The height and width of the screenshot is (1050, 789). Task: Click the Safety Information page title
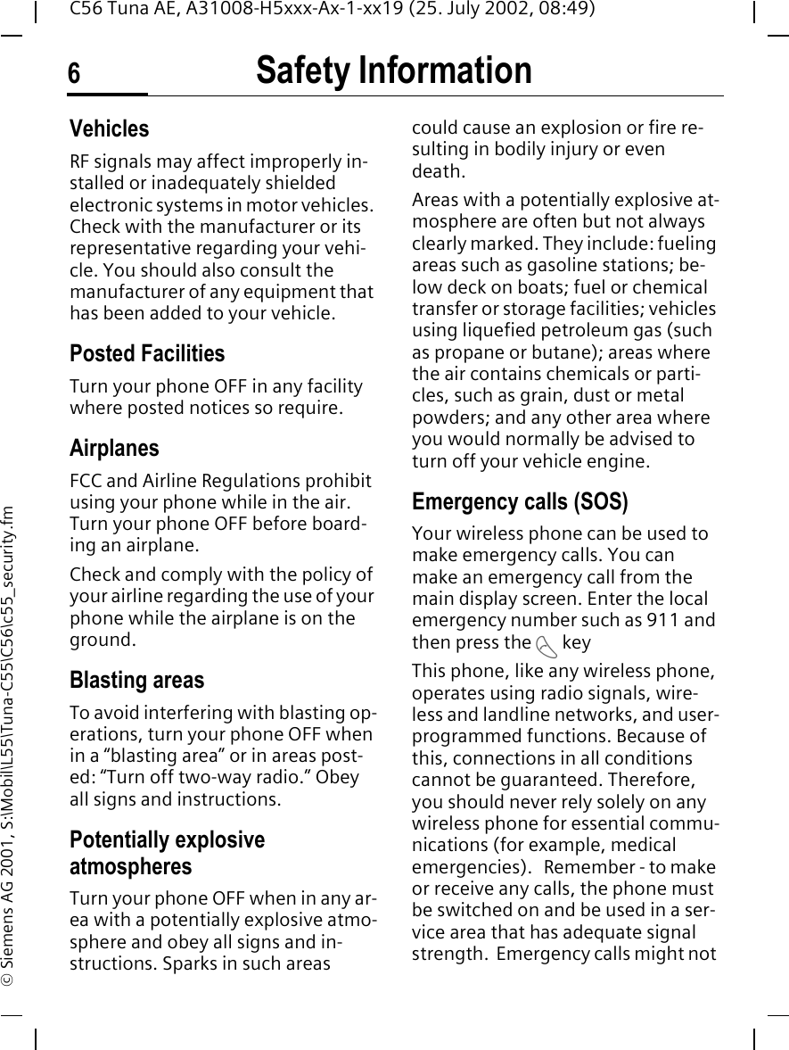(x=393, y=70)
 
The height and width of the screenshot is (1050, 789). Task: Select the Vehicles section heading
(x=109, y=128)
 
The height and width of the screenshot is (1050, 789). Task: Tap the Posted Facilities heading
(x=147, y=353)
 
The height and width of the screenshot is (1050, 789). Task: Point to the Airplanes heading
(x=114, y=448)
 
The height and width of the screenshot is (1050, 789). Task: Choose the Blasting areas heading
(x=136, y=680)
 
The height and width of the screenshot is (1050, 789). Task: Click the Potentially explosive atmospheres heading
(x=167, y=853)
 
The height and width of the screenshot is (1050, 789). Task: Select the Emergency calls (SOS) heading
(x=520, y=501)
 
